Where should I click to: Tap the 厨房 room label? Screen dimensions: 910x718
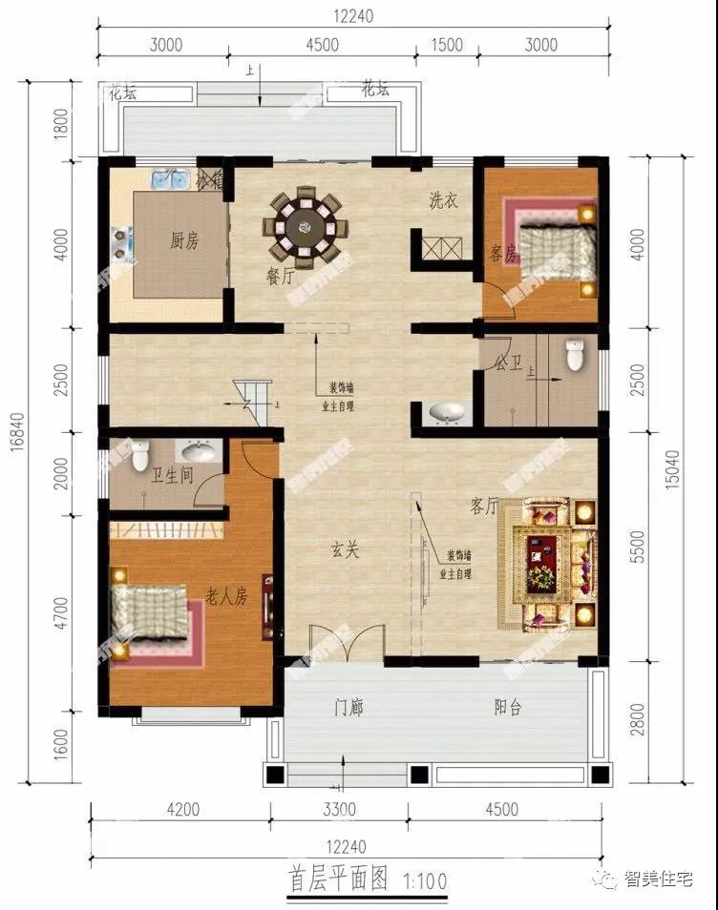click(184, 241)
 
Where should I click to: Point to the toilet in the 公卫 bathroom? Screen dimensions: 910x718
click(575, 355)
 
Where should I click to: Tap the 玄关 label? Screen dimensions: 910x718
click(344, 549)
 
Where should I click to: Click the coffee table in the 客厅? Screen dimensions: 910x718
click(541, 558)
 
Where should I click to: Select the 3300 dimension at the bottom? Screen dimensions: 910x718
click(339, 810)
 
